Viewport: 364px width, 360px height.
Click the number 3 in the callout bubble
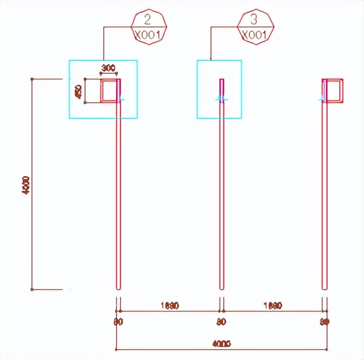pos(254,20)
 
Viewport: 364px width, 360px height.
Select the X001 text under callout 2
pos(148,35)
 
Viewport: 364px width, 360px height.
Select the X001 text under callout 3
pos(254,35)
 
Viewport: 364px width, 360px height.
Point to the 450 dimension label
pos(78,91)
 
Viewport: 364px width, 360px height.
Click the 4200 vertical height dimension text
pos(26,185)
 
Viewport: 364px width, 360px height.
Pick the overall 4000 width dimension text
pos(221,343)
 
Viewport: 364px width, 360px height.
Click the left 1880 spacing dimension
pos(169,305)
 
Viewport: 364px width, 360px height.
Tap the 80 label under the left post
pos(118,322)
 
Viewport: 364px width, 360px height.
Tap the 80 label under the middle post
pos(221,322)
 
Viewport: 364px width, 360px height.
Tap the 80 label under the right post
pos(324,322)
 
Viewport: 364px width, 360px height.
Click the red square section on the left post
pos(109,90)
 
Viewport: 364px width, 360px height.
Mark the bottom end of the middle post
pos(221,289)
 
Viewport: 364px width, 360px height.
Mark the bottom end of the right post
pos(324,289)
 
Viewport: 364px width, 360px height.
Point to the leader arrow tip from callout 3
pos(211,60)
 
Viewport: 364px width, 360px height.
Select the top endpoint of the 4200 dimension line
pos(32,79)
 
